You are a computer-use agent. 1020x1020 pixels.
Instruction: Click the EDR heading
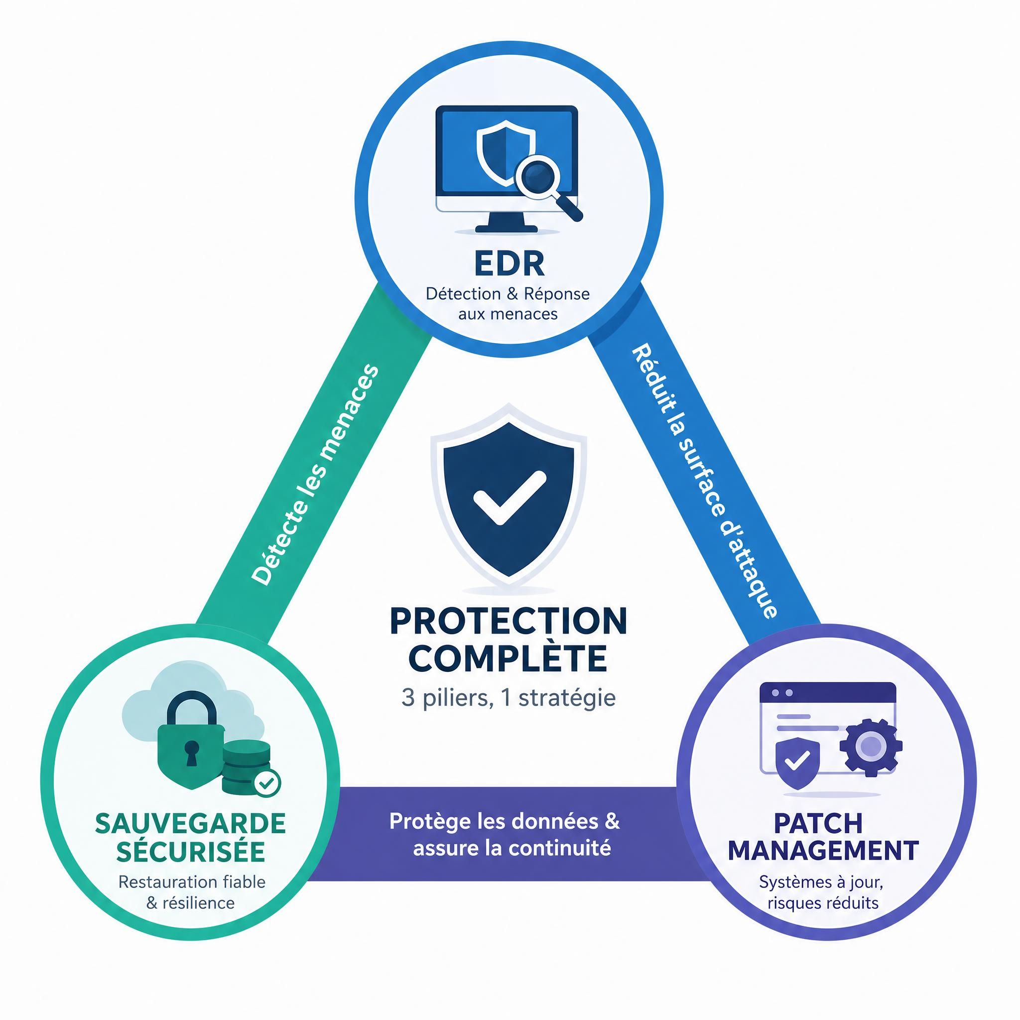509,263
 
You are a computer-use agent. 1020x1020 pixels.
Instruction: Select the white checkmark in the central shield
509,498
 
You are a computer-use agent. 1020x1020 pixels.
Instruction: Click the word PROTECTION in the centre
509,622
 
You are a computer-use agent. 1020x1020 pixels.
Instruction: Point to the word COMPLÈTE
509,657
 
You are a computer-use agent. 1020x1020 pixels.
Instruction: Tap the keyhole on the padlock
191,753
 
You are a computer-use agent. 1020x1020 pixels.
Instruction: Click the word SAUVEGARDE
190,824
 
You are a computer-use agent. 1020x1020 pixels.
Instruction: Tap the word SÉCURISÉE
190,851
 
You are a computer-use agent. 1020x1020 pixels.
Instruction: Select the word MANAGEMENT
823,851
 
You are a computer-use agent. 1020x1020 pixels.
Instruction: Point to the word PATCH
818,823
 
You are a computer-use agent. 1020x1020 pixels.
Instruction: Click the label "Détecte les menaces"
315,475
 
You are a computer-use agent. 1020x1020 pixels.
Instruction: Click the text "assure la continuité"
511,848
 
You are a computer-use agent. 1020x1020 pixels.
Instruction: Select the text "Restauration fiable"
192,882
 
